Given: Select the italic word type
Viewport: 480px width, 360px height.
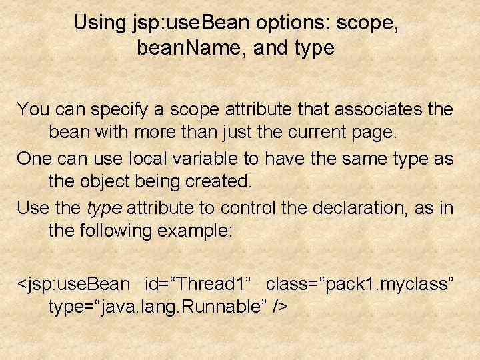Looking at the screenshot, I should tap(103, 207).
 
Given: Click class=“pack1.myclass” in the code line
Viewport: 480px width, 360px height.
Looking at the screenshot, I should tap(360, 284).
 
